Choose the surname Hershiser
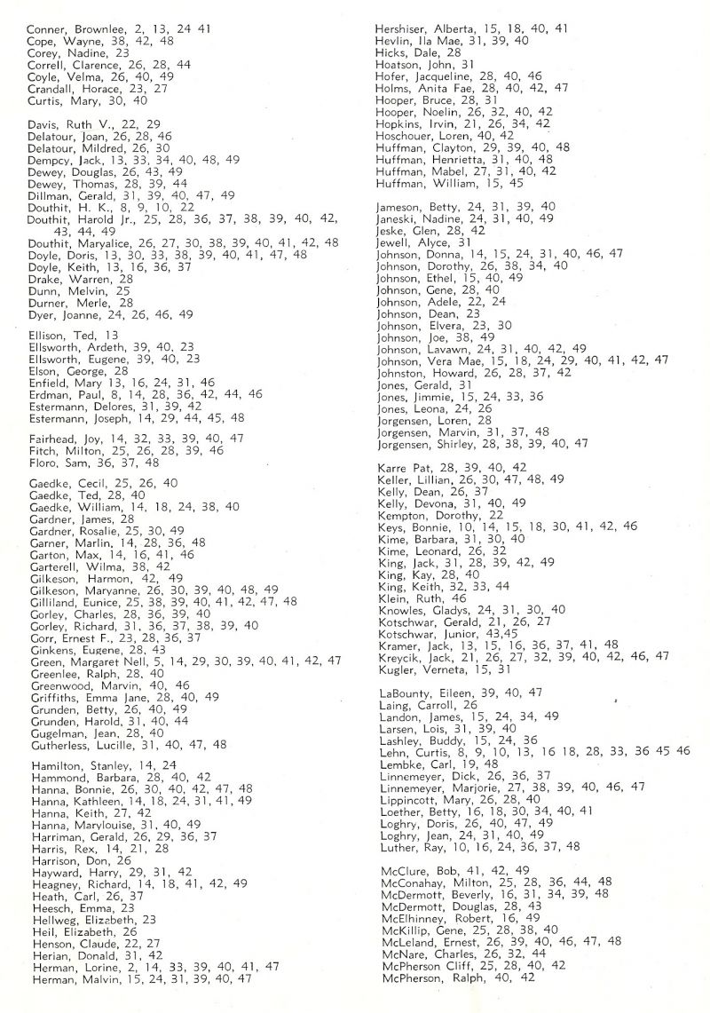click(x=405, y=28)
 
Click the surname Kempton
click(x=403, y=514)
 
